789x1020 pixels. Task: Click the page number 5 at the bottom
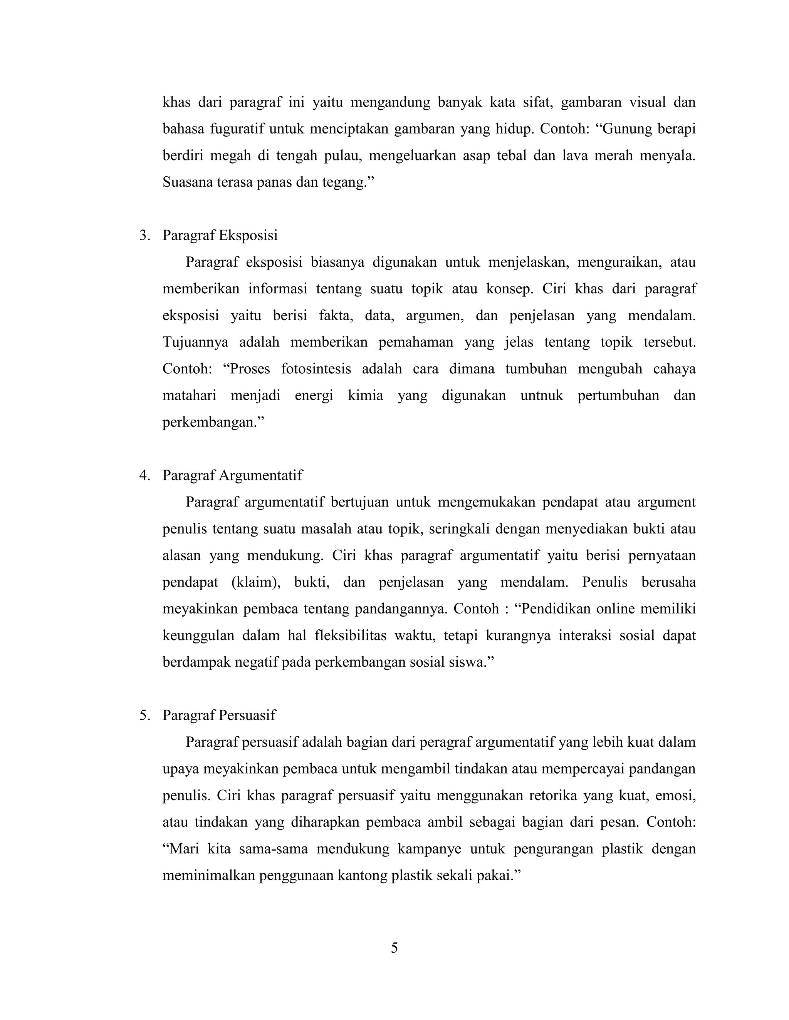tap(394, 948)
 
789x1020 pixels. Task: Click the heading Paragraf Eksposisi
tap(220, 236)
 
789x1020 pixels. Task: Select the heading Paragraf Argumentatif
tap(232, 475)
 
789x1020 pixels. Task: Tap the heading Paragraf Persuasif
tap(219, 715)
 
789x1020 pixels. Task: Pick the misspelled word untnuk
tap(542, 396)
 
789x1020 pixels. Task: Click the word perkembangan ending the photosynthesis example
tap(212, 422)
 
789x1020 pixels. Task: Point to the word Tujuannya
tap(195, 342)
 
